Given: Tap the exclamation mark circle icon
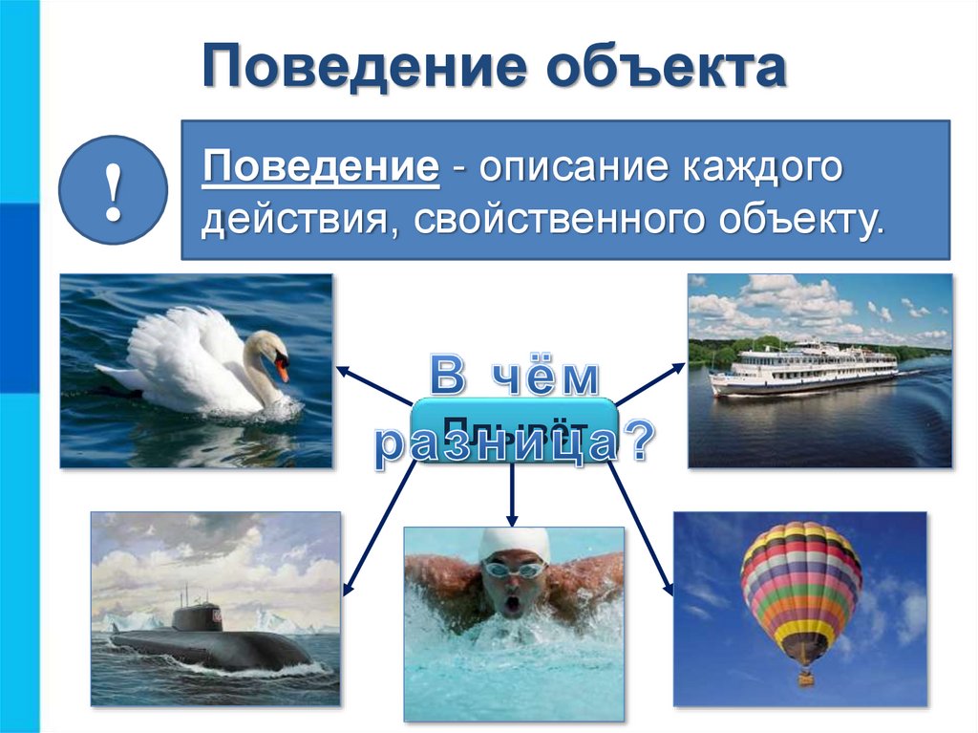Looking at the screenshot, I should [114, 191].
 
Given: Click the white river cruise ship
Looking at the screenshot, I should [803, 367].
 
